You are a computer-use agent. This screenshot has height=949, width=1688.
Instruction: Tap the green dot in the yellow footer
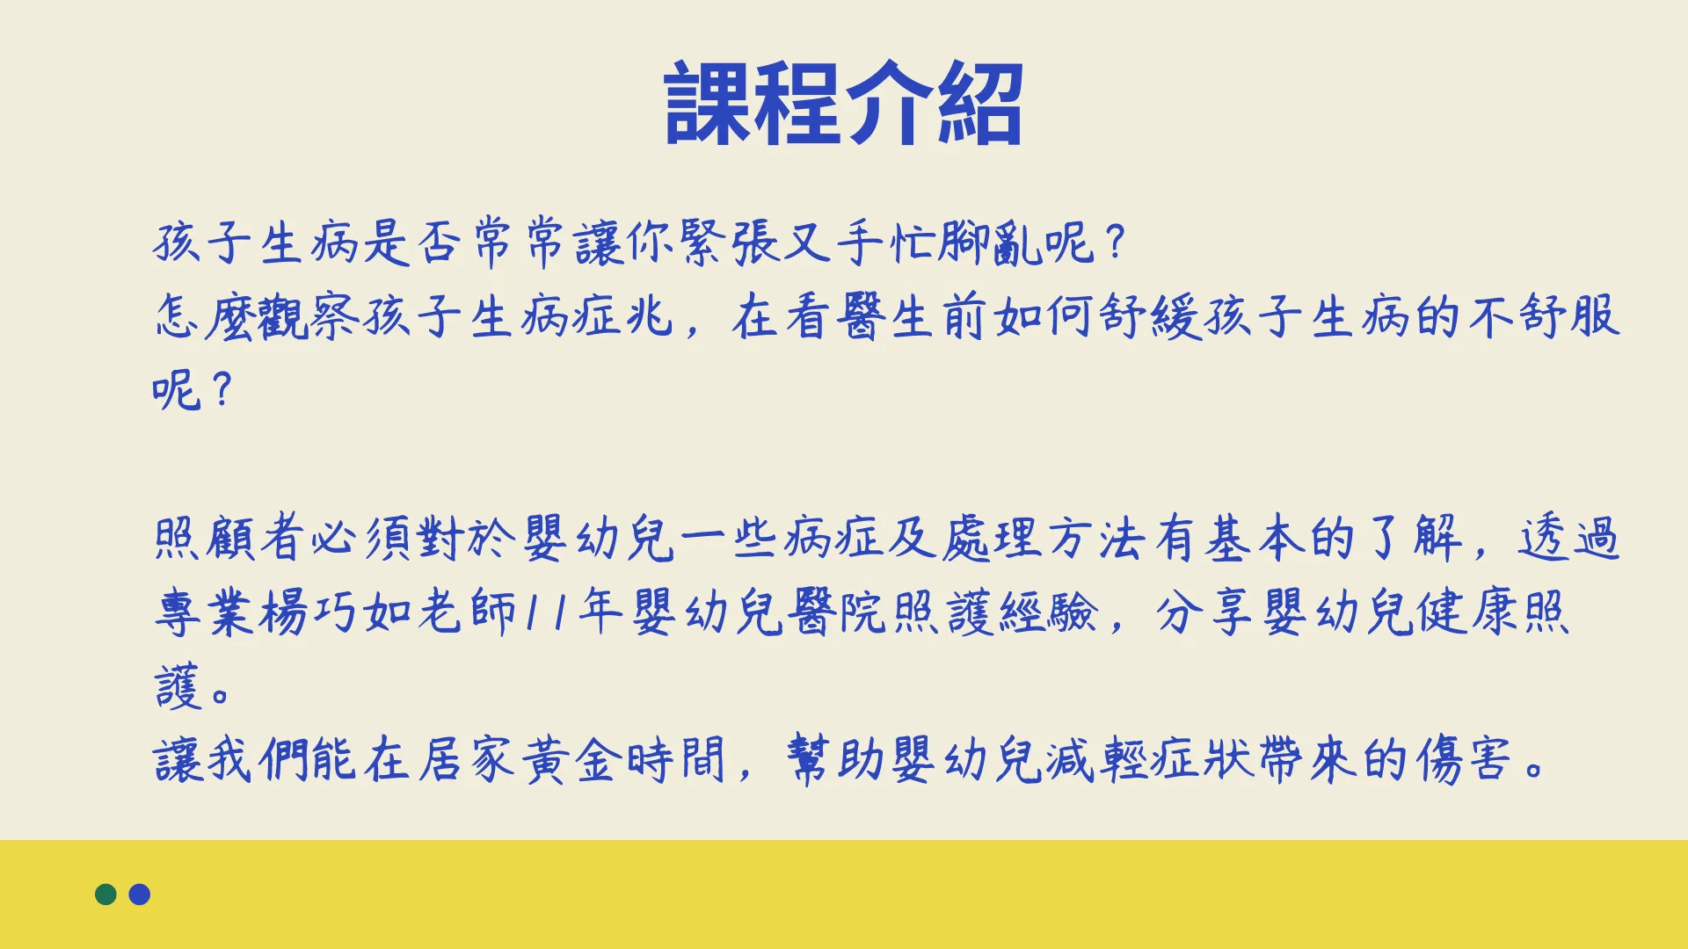(x=105, y=895)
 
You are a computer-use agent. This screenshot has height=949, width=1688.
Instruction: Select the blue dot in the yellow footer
(x=140, y=895)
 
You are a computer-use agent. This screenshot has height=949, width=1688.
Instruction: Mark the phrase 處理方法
(x=1045, y=538)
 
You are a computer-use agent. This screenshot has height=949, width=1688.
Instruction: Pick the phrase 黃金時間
(x=623, y=759)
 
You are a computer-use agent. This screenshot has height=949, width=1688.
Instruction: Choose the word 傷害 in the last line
(x=1464, y=759)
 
